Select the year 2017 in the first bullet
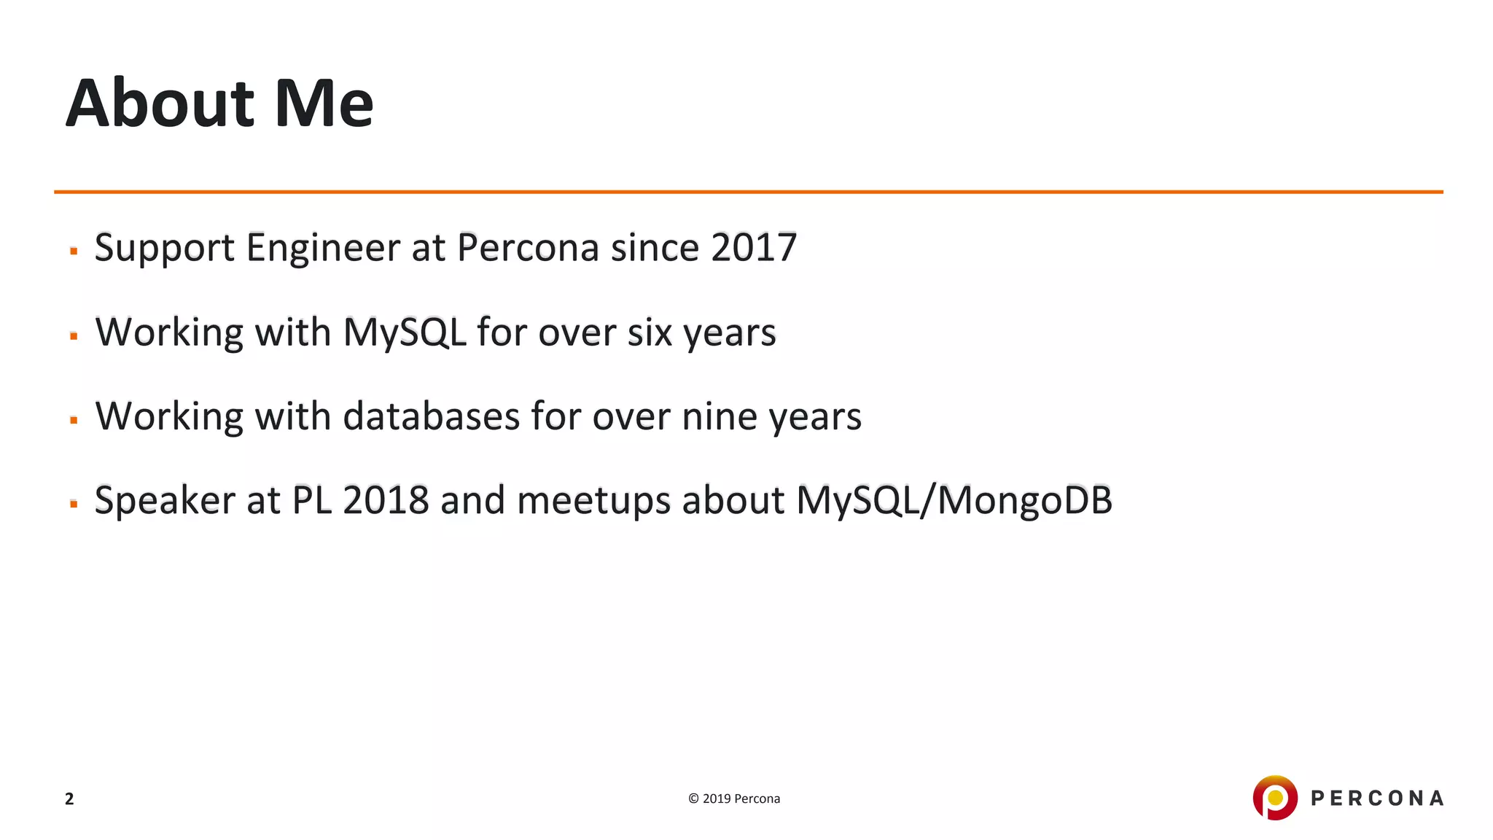point(754,247)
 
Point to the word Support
point(165,249)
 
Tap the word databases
point(431,416)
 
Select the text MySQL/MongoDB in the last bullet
point(954,501)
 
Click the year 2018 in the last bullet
point(386,501)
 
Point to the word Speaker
point(165,501)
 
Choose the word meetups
point(593,501)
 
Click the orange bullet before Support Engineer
point(74,251)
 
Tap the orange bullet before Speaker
point(74,504)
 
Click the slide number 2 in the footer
point(69,799)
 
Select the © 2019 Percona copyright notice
point(734,798)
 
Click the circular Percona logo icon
point(1274,798)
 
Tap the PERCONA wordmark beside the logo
point(1377,798)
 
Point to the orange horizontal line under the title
point(748,192)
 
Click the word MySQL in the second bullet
point(405,332)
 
